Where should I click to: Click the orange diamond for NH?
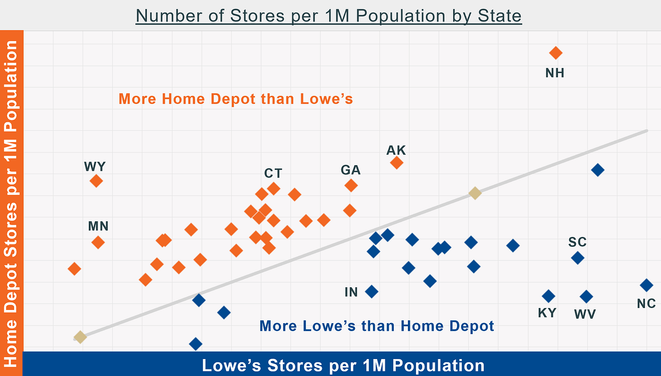556,53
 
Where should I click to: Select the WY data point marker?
96,181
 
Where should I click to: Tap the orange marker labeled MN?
98,242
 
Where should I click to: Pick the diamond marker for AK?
397,162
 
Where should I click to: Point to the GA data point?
351,185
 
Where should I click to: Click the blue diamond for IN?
372,292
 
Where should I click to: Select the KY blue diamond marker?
548,296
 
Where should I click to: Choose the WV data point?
586,296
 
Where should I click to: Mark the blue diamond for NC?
646,285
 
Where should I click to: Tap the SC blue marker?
577,258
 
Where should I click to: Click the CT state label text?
273,174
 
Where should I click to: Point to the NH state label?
555,73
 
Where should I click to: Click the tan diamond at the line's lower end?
80,337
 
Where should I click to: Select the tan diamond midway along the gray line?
475,193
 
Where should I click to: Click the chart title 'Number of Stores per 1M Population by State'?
329,16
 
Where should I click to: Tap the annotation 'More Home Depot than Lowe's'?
236,99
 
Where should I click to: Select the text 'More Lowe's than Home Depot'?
377,326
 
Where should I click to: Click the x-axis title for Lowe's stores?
343,365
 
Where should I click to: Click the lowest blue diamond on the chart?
195,343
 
